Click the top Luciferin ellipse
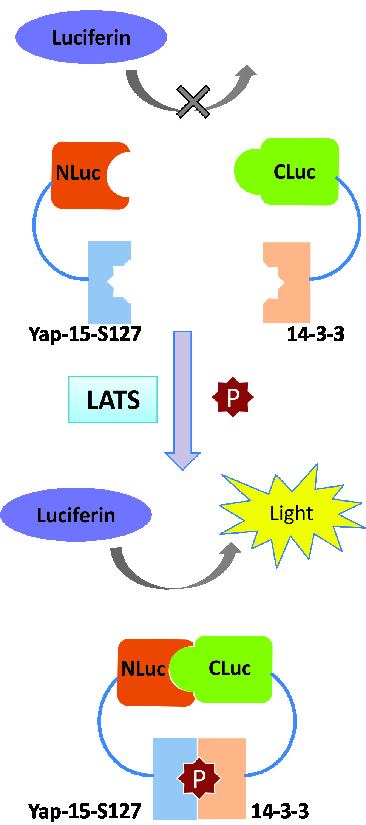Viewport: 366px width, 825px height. [91, 37]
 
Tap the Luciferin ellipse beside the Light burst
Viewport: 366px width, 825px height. [76, 514]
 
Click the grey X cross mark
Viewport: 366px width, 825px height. [193, 101]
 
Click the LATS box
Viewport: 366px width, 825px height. [113, 399]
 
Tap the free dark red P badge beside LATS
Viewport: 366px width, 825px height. [233, 397]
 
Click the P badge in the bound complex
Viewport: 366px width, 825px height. [199, 778]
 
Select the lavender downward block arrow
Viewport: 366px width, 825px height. [182, 401]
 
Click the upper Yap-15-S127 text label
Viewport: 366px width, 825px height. [85, 334]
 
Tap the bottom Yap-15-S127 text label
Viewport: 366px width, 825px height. [85, 811]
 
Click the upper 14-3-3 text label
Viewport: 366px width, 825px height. [316, 334]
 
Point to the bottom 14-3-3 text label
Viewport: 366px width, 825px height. [280, 811]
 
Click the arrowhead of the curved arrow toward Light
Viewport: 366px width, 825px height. [231, 550]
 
